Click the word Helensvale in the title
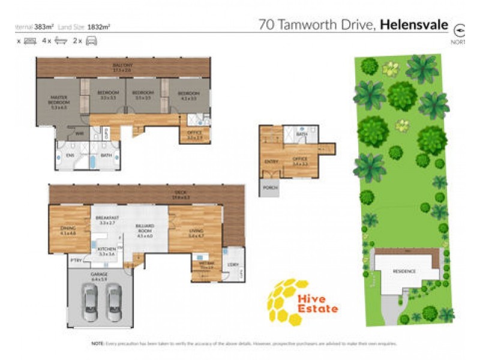coord(414,25)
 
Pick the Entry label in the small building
coord(271,161)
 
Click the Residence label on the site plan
coord(404,271)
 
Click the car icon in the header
coord(92,41)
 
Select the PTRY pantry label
coord(76,260)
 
